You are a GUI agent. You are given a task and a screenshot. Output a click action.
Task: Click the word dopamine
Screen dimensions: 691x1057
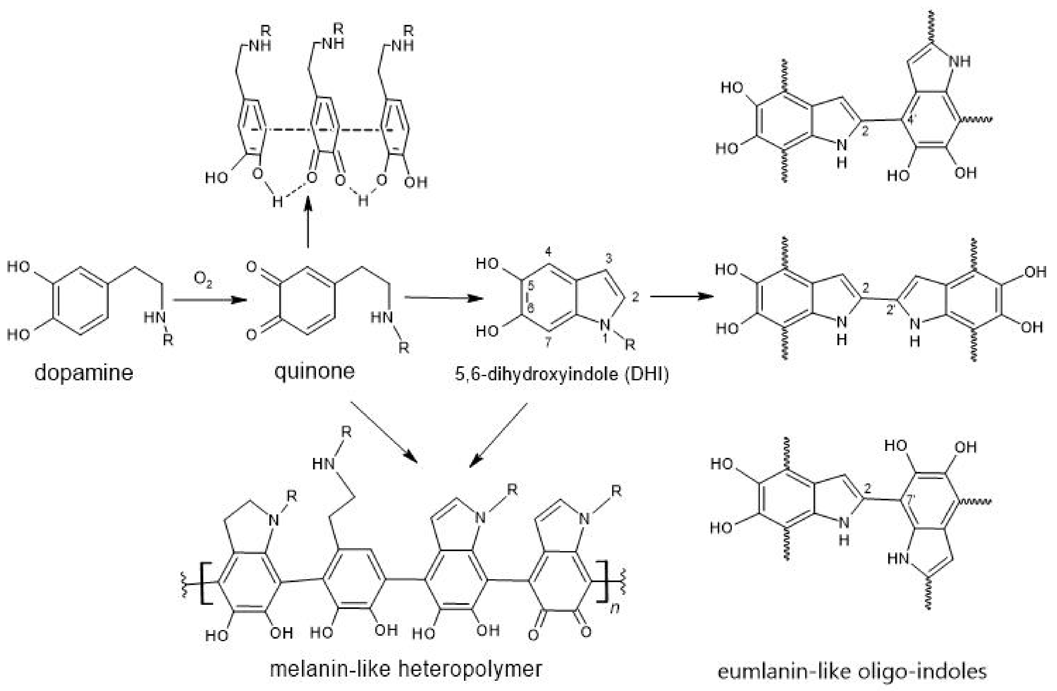coord(84,372)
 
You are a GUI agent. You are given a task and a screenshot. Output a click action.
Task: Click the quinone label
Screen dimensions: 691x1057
coord(314,371)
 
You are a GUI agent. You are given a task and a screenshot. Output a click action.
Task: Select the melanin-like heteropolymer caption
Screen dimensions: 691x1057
coord(406,669)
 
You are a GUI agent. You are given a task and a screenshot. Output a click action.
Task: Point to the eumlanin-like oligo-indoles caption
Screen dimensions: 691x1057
coord(852,672)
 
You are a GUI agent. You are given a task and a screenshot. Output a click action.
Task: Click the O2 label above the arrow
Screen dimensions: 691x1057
coord(203,280)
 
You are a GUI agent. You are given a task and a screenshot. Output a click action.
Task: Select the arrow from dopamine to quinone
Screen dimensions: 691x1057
coord(209,300)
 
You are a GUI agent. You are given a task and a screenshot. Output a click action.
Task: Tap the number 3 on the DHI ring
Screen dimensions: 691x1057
coord(608,258)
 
